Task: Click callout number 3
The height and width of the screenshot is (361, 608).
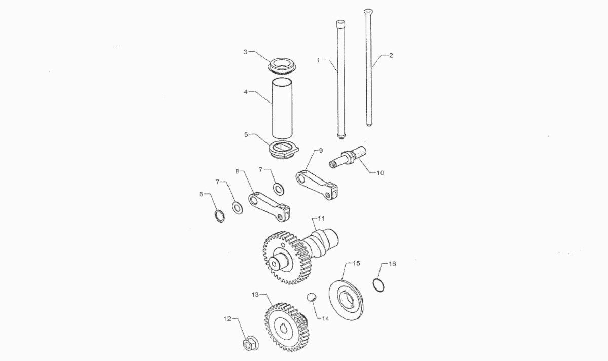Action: coord(245,52)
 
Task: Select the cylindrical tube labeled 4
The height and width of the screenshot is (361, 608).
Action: coord(283,109)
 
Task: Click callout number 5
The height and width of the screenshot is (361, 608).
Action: coord(246,134)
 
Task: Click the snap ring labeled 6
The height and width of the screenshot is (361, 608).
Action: coord(219,216)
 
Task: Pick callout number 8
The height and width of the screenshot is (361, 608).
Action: coord(237,171)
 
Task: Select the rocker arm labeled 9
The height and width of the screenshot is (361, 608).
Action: coord(317,185)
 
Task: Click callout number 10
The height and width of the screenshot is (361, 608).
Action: coord(381,173)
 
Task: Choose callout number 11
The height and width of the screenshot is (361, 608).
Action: coord(321,219)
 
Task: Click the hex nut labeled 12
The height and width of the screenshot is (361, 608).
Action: coord(250,345)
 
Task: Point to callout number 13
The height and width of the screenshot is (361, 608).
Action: coord(255,295)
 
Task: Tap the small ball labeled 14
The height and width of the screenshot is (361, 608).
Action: coord(312,297)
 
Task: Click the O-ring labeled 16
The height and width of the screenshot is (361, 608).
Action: coord(378,285)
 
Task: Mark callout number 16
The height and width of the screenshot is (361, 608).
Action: coord(392,264)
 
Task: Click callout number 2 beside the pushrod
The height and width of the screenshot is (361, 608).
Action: coord(391,55)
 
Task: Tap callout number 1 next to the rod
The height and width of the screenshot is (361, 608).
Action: coord(318,60)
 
